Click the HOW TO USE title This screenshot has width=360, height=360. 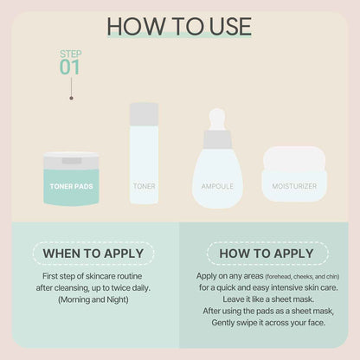pos(179,26)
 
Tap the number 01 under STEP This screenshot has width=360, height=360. pos(71,67)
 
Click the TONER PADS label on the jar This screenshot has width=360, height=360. pos(72,185)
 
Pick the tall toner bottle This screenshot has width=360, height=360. pos(145,156)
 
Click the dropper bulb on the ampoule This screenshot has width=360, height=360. pos(216,118)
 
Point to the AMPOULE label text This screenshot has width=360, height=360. pos(216,185)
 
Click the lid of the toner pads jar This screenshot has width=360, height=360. pos(72,159)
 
